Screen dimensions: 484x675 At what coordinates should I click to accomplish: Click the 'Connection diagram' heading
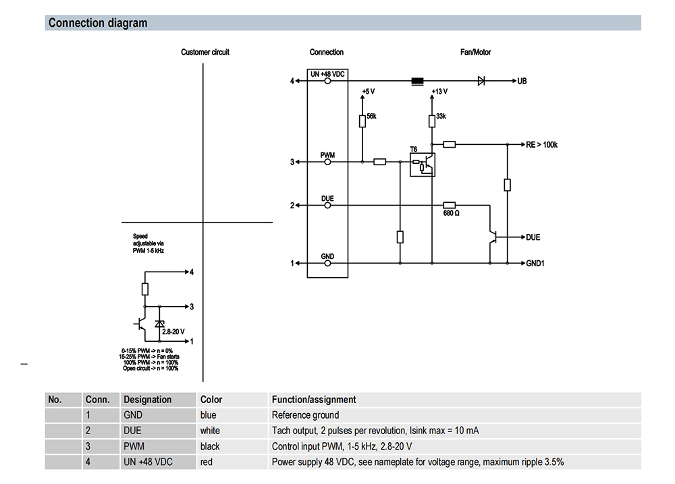[98, 23]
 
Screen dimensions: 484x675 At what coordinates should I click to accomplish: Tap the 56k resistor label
[371, 117]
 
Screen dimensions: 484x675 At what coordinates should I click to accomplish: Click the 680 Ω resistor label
[452, 214]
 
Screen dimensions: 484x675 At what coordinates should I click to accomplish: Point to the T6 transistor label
[414, 149]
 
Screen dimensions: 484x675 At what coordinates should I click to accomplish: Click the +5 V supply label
[368, 90]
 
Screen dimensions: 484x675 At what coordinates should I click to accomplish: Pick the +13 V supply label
[439, 90]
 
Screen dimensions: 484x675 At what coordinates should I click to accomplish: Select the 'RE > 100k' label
[542, 144]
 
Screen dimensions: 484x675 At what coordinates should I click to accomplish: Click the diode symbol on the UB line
[481, 81]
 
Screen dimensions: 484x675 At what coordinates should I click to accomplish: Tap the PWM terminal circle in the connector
[328, 162]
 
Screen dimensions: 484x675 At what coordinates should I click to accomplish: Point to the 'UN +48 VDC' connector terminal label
[328, 73]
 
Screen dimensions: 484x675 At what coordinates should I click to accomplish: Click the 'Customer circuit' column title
[205, 52]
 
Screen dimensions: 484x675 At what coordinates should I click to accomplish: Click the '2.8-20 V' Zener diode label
[173, 332]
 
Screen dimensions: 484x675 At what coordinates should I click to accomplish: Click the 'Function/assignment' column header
[314, 400]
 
